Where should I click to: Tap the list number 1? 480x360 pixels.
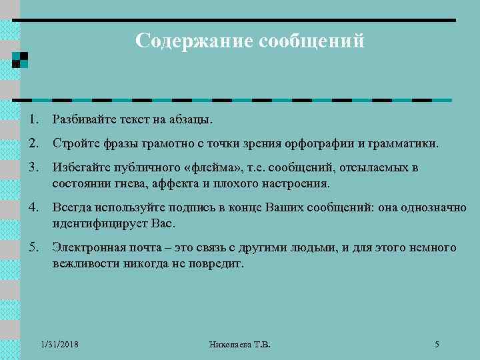33,120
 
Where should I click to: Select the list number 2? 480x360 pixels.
33,143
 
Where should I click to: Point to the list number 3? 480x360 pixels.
33,167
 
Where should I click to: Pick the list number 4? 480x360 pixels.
33,207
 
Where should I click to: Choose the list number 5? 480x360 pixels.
33,247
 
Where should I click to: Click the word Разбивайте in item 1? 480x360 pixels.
85,120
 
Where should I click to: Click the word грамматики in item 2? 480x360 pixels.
406,144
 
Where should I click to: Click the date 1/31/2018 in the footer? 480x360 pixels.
59,345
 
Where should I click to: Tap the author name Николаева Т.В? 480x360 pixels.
239,345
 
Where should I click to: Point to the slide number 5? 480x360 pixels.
437,345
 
